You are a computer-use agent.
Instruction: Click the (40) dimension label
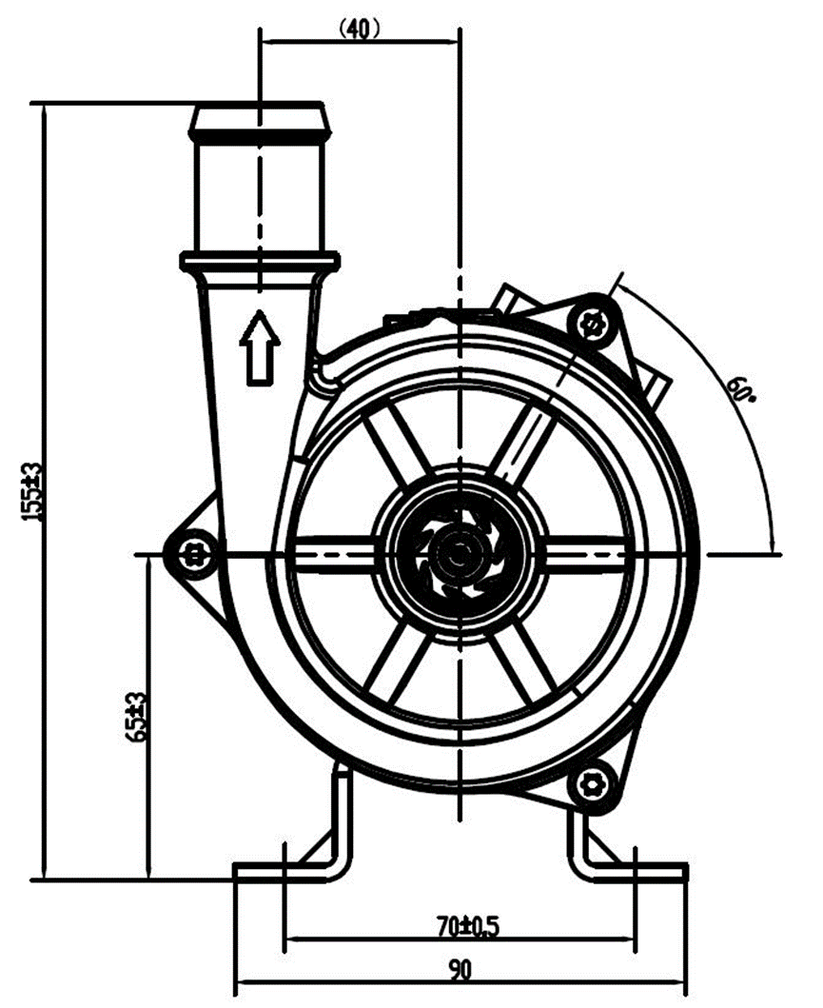click(x=359, y=29)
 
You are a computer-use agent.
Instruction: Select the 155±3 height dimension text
click(x=34, y=491)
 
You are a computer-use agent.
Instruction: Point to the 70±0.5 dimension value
click(x=461, y=924)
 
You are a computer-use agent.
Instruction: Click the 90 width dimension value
click(x=460, y=970)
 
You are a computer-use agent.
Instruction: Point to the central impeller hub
click(x=460, y=552)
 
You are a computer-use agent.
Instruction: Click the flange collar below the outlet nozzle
click(x=260, y=260)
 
